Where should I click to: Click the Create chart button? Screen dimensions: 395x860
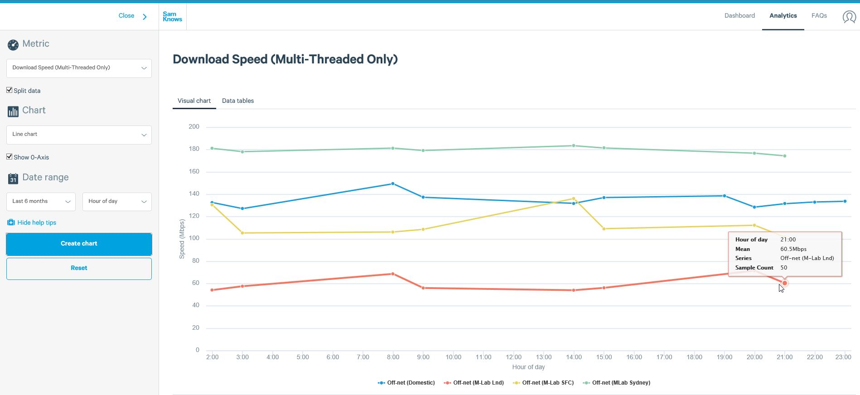tap(79, 244)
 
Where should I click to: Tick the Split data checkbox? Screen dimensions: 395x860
tap(10, 90)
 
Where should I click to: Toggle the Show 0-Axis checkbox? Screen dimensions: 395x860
tap(10, 157)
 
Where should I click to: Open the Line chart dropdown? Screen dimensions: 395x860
tap(79, 135)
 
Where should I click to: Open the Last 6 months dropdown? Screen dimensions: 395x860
tap(41, 202)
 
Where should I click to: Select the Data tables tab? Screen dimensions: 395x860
tap(238, 101)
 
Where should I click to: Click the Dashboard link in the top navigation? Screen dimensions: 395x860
tap(739, 15)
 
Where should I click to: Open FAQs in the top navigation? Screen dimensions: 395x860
tap(819, 15)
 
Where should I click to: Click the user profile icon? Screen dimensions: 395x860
tap(849, 17)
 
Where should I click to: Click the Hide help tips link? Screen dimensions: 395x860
tap(37, 222)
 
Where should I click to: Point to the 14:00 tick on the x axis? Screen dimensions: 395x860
tap(574, 357)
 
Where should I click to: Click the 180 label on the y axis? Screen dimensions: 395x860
tap(194, 149)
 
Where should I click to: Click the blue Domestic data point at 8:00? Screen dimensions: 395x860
tap(393, 184)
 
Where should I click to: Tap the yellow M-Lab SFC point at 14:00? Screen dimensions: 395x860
tap(574, 198)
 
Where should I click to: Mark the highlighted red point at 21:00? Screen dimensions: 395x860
tap(785, 283)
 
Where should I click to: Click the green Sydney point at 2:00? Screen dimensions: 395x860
tap(212, 148)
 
